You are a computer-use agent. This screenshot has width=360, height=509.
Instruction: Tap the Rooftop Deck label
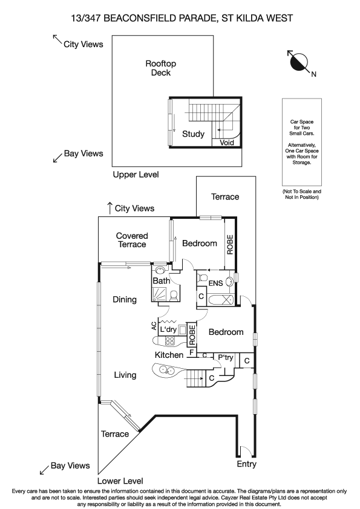pyautogui.click(x=161, y=68)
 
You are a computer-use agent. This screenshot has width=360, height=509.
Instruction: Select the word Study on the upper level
pyautogui.click(x=193, y=134)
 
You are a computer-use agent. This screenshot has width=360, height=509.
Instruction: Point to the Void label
pyautogui.click(x=227, y=143)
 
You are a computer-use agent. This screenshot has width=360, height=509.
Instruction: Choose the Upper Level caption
pyautogui.click(x=136, y=175)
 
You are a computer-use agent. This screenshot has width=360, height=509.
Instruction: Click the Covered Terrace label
pyautogui.click(x=132, y=240)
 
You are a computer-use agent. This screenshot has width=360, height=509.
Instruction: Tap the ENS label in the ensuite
pyautogui.click(x=215, y=283)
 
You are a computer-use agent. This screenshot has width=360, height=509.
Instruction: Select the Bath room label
pyautogui.click(x=161, y=281)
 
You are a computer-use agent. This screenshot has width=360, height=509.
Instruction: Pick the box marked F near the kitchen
pyautogui.click(x=192, y=352)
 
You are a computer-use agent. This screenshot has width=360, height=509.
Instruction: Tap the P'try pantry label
pyautogui.click(x=226, y=357)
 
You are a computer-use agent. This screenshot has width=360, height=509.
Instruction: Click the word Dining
pyautogui.click(x=125, y=300)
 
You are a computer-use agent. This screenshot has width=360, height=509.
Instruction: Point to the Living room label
pyautogui.click(x=125, y=375)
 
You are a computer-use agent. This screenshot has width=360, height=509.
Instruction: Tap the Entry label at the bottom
pyautogui.click(x=247, y=464)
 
